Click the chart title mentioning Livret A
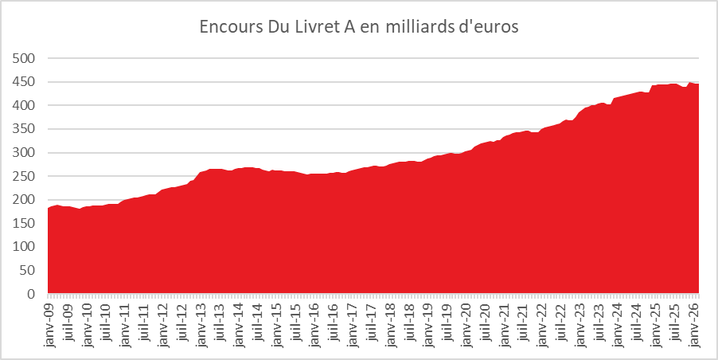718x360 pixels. coord(358,27)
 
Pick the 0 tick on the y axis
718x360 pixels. coord(32,295)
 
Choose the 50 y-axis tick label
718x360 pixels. coord(28,271)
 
